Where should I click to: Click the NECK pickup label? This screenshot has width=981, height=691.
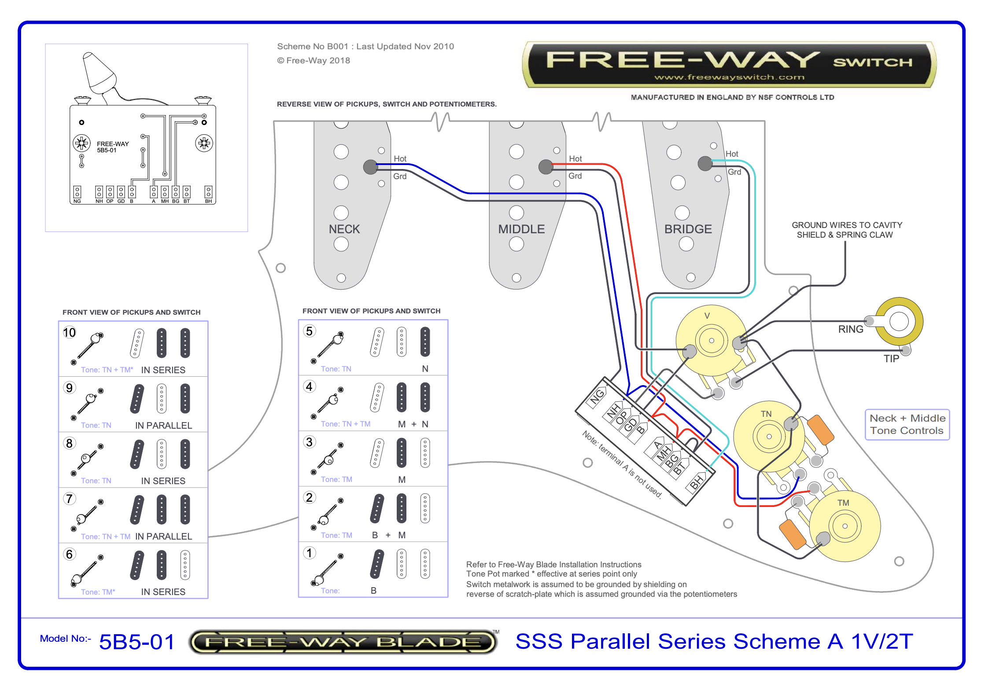pyautogui.click(x=344, y=229)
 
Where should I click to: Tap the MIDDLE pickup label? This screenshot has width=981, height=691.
pyautogui.click(x=521, y=229)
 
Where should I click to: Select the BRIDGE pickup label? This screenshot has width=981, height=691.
pyautogui.click(x=688, y=229)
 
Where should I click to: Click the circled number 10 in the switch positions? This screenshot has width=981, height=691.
pyautogui.click(x=69, y=332)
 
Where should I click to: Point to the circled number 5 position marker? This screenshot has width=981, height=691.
pyautogui.click(x=310, y=331)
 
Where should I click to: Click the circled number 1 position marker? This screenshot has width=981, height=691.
pyautogui.click(x=310, y=553)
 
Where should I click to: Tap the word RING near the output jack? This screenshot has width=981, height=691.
pyautogui.click(x=850, y=329)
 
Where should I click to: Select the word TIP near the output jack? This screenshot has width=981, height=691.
pyautogui.click(x=891, y=359)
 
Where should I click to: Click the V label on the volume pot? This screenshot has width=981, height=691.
pyautogui.click(x=707, y=316)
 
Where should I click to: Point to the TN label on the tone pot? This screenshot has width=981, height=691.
pyautogui.click(x=766, y=414)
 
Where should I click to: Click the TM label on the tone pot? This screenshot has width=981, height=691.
pyautogui.click(x=843, y=503)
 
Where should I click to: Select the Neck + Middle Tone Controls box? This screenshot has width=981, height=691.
pyautogui.click(x=907, y=424)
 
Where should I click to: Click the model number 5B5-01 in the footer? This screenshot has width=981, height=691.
pyautogui.click(x=137, y=642)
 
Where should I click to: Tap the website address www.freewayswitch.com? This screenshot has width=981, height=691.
pyautogui.click(x=729, y=77)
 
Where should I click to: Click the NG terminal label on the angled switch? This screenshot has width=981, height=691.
pyautogui.click(x=597, y=397)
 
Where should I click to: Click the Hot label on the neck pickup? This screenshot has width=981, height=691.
pyautogui.click(x=400, y=159)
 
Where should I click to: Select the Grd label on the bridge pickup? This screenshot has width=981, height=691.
pyautogui.click(x=734, y=172)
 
